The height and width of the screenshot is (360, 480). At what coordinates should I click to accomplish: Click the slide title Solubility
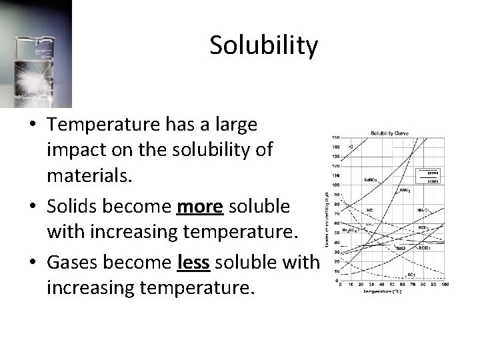pos(264,45)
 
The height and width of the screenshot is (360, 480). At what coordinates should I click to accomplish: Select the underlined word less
pos(195,263)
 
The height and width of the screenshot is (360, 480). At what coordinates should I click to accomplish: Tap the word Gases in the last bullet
pos(77,263)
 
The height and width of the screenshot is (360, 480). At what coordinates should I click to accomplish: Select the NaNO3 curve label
pos(371,179)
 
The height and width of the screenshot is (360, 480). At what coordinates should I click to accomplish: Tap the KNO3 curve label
pos(404,191)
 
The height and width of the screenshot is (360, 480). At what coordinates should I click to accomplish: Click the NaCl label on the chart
pos(401,247)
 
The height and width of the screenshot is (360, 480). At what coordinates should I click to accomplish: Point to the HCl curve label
pos(370,210)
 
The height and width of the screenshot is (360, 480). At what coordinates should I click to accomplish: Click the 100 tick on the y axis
pos(335,185)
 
